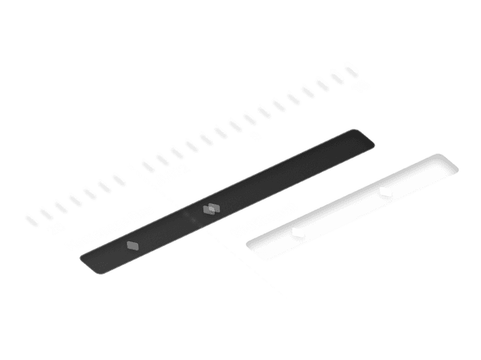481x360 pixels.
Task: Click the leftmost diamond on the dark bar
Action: [132, 245]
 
